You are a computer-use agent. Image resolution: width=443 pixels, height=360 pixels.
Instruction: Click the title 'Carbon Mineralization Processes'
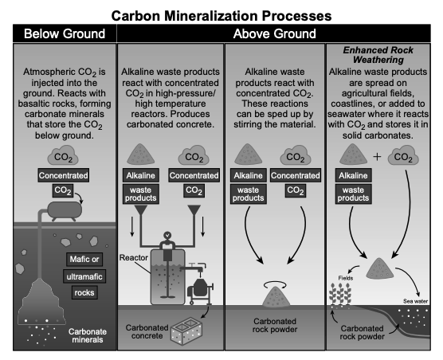click(x=221, y=16)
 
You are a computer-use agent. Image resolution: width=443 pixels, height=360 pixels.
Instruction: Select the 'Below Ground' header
click(x=65, y=33)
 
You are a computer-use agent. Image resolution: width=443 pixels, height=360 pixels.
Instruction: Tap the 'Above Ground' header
click(x=274, y=33)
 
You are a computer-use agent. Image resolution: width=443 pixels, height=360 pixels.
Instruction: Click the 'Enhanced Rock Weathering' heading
click(x=378, y=55)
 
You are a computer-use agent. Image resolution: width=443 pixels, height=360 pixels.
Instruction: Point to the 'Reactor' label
click(x=134, y=257)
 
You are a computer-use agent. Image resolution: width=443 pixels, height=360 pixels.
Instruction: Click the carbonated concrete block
click(x=186, y=331)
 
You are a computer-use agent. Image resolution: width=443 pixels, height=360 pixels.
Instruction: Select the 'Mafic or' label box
click(x=84, y=259)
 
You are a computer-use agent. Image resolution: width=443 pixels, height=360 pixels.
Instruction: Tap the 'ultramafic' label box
click(x=84, y=276)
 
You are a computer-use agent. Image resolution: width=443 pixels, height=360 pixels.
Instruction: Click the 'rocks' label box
click(x=84, y=292)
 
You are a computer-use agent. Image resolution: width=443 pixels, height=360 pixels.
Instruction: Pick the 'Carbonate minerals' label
click(x=88, y=335)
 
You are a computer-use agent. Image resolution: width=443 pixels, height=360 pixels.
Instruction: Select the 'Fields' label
click(x=346, y=278)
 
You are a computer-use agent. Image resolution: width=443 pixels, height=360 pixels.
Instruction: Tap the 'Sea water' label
click(x=415, y=301)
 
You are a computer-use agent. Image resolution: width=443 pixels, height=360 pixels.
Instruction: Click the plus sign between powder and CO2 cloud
click(x=377, y=156)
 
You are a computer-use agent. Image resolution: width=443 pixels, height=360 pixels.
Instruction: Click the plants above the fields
click(x=340, y=294)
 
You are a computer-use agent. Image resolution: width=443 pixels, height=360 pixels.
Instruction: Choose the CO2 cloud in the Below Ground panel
click(x=63, y=155)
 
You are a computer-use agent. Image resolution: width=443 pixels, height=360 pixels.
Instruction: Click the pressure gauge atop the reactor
click(x=167, y=235)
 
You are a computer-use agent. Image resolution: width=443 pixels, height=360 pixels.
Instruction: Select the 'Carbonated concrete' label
click(x=147, y=332)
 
